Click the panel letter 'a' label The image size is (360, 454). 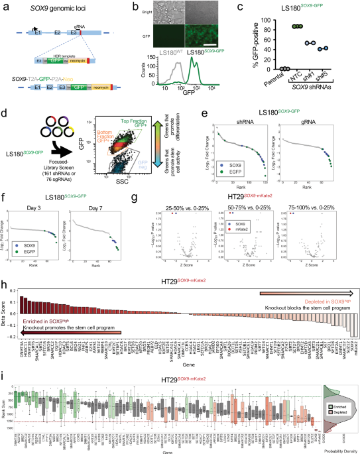pos(4,5)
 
